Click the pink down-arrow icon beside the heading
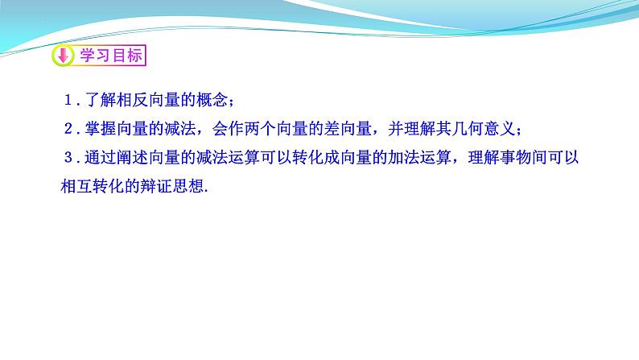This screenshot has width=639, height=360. point(63,56)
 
